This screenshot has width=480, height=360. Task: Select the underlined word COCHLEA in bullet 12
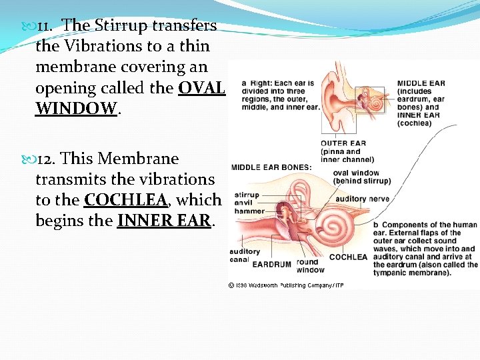[x=125, y=199]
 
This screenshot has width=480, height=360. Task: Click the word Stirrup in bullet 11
[x=123, y=25]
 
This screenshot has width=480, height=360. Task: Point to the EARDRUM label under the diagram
[x=272, y=264]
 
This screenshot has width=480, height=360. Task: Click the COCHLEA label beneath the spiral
[x=348, y=257]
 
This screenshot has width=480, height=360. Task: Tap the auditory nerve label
[x=362, y=199]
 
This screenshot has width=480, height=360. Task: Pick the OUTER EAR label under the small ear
[x=343, y=143]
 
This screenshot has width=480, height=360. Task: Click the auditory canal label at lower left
[x=245, y=255]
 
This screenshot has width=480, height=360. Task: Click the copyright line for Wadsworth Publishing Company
[x=287, y=285]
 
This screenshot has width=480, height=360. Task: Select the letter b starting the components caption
[x=376, y=225]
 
